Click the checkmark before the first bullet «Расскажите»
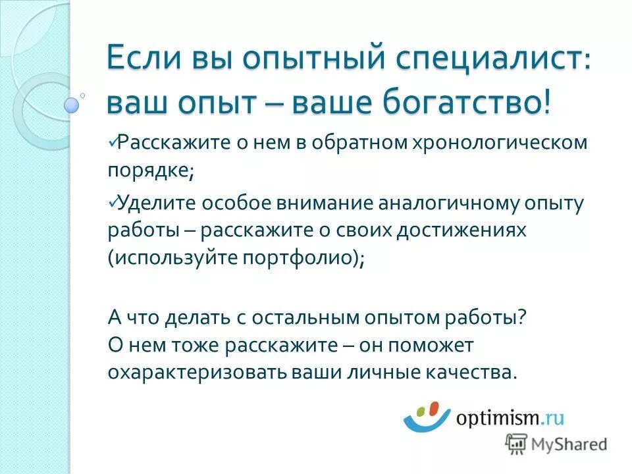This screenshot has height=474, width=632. tap(113, 140)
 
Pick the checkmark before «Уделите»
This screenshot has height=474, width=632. tap(113, 199)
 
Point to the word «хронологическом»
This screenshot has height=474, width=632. tap(490, 143)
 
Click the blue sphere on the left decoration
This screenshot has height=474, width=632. tap(71, 105)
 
